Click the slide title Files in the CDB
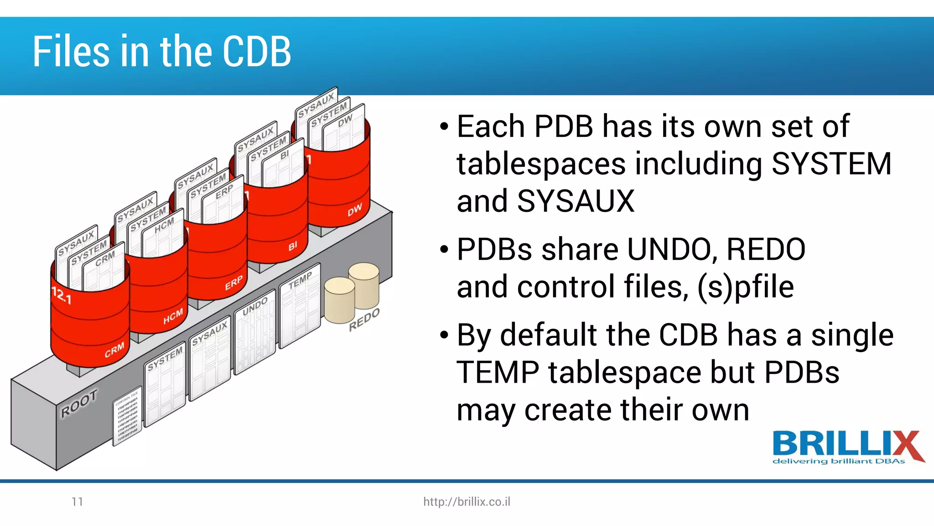click(161, 51)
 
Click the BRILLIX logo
click(847, 447)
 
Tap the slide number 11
click(77, 502)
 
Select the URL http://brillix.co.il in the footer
click(467, 502)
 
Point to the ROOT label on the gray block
click(79, 403)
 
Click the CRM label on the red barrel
click(114, 350)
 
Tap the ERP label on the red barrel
click(233, 283)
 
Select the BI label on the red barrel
click(292, 246)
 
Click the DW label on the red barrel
click(354, 210)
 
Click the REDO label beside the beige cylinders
click(364, 319)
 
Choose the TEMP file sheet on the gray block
click(300, 306)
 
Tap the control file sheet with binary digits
click(127, 416)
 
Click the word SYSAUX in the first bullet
click(576, 201)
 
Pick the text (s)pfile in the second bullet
click(746, 287)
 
